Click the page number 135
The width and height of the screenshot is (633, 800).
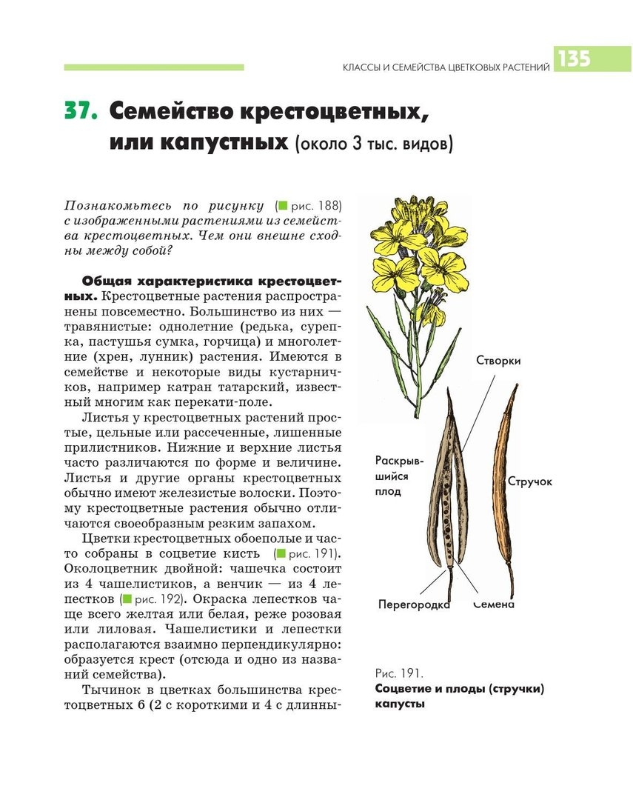coord(575,59)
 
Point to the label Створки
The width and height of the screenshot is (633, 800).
coord(498,361)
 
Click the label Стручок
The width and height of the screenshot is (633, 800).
coord(530,481)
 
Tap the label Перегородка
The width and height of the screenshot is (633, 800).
coord(415,604)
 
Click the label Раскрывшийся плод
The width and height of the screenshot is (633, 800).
coord(399,475)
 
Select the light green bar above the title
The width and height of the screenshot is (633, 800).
coord(154,67)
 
